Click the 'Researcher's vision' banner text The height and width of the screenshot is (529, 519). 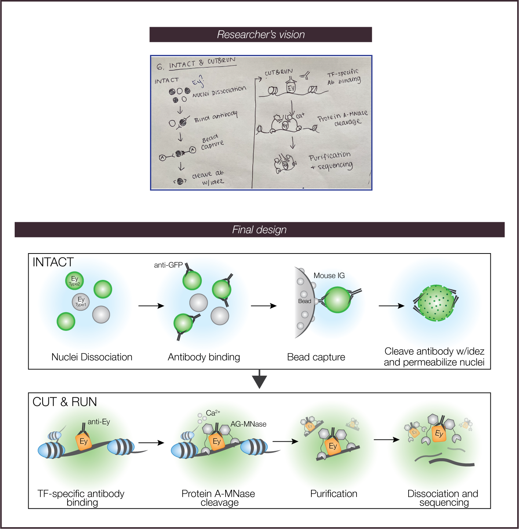pos(261,34)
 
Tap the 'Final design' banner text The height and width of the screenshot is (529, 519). pos(259,230)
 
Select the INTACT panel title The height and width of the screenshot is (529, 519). pos(53,262)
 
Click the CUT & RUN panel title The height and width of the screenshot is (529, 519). pos(65,402)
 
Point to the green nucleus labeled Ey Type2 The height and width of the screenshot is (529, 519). pos(74,281)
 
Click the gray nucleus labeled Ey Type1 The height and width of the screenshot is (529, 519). pos(81,302)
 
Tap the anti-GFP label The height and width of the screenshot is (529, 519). pos(168,265)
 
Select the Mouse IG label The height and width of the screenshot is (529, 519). pos(329,276)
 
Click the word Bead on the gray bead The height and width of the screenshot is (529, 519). pos(304,301)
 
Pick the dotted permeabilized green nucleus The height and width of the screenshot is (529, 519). pos(436,303)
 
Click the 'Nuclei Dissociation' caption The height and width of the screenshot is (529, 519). pos(92,357)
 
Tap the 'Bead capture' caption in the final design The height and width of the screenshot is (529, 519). pos(316,357)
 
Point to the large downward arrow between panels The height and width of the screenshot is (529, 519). pos(259,380)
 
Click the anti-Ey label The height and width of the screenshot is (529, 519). pos(99,422)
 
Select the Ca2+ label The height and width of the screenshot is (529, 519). pos(213,413)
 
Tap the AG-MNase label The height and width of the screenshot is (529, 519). pos(248,424)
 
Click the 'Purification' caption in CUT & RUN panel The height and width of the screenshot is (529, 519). pos(334,494)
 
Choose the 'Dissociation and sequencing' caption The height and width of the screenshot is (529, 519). pos(443,498)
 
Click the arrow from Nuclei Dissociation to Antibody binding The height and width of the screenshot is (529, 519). pos(151,306)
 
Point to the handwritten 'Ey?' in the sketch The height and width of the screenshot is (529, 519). pos(198,81)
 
